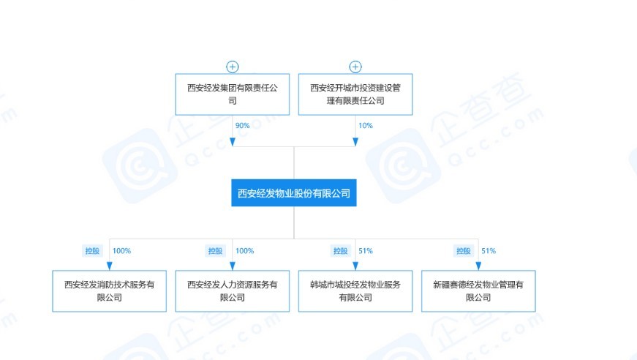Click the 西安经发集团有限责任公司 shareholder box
(233, 94)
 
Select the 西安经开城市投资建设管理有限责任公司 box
(355, 94)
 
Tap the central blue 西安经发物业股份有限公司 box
(294, 192)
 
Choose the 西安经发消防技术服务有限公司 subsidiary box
(109, 291)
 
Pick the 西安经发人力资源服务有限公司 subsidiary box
(233, 291)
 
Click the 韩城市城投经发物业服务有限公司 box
(355, 291)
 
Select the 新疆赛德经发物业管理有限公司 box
(478, 291)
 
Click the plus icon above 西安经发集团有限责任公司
(233, 67)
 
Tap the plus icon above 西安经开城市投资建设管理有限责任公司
(355, 67)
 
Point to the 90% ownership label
(243, 126)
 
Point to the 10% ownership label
(366, 126)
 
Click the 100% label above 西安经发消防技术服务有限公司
(121, 251)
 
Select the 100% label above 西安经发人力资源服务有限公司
(244, 251)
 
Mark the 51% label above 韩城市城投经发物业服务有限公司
(366, 251)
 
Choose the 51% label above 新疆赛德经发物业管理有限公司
(489, 251)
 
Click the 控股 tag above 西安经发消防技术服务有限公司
(92, 251)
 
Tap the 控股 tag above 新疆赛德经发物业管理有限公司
(464, 251)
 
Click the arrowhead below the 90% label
(233, 142)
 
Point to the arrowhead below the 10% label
(355, 142)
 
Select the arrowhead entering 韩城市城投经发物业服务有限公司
(355, 266)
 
